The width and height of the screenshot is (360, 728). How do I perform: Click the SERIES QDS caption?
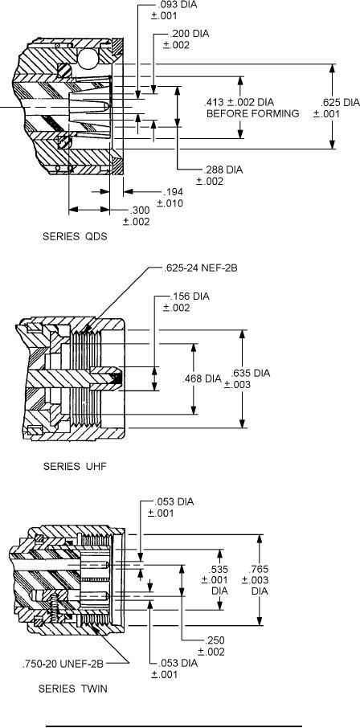tap(75, 236)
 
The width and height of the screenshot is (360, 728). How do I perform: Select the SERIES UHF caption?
tap(75, 466)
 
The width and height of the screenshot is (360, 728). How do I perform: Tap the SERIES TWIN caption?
tap(72, 689)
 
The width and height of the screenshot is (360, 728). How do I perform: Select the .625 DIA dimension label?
tap(341, 103)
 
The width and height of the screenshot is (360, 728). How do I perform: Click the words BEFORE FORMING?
tap(252, 113)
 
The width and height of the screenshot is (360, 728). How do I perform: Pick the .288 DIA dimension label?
tap(223, 170)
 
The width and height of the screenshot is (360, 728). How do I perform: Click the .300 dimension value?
tap(139, 211)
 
